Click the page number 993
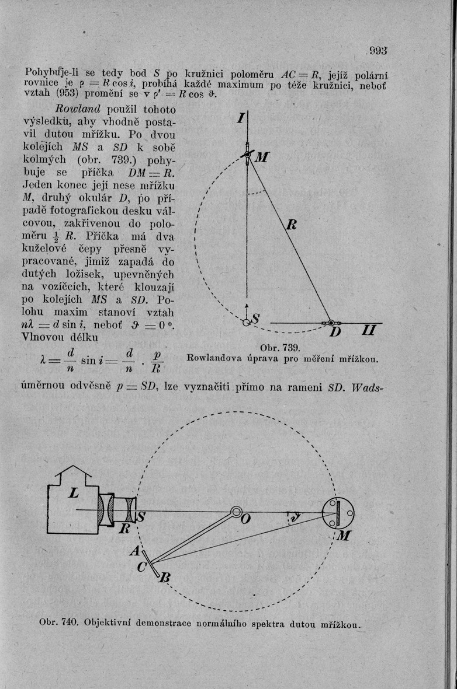click(x=378, y=51)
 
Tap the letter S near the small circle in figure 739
click(x=256, y=318)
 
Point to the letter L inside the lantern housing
click(x=74, y=492)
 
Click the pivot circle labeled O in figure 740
click(x=236, y=512)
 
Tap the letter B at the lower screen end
click(x=165, y=578)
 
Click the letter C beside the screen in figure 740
click(x=141, y=566)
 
